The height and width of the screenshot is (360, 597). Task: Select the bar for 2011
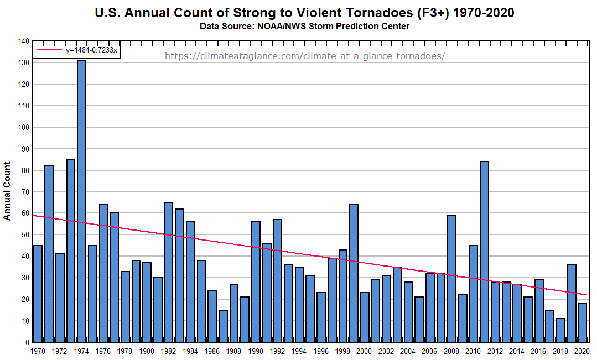[x=484, y=252]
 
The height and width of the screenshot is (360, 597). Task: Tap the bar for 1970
[x=38, y=294]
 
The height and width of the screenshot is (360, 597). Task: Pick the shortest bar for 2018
[x=560, y=330]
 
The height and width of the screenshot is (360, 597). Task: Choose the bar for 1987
[x=223, y=326]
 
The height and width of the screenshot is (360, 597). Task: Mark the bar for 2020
[x=582, y=322]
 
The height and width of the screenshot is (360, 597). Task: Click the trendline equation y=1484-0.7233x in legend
[x=91, y=50]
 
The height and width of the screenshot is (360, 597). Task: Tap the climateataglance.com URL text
[x=304, y=56]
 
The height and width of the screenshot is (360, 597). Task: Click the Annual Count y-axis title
[x=7, y=191]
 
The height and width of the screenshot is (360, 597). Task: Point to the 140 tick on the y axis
[x=23, y=41]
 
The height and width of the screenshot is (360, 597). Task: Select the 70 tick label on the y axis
[x=24, y=192]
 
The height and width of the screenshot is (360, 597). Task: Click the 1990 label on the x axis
[x=256, y=351]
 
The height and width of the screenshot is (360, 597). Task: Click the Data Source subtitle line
[x=304, y=27]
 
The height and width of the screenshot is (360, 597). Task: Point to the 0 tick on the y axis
[x=27, y=342]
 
